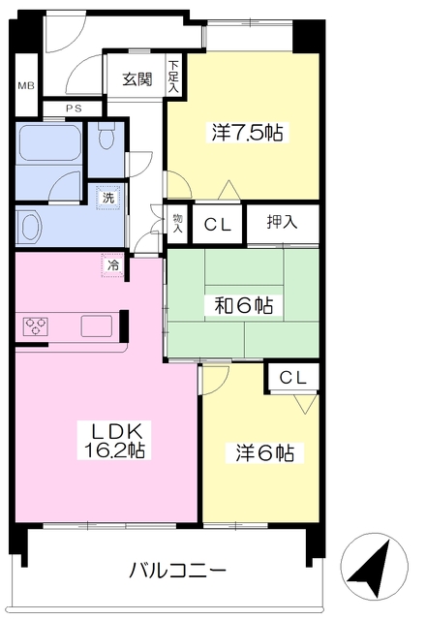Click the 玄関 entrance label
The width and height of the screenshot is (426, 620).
(137, 79)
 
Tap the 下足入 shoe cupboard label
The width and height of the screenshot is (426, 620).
(173, 77)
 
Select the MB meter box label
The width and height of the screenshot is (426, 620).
(26, 85)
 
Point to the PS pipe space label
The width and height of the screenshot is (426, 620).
(74, 108)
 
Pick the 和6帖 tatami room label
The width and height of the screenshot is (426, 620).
(244, 305)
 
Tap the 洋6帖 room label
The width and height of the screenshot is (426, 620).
(264, 452)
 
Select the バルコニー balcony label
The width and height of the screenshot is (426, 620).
(178, 571)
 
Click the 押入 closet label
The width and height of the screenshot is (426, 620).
(282, 222)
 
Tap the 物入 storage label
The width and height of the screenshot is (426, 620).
(177, 223)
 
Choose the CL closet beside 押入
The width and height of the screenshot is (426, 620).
(217, 225)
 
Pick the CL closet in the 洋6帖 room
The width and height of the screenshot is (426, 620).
(292, 378)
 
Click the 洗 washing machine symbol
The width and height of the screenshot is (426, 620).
(108, 198)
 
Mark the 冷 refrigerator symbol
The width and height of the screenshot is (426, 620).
(112, 265)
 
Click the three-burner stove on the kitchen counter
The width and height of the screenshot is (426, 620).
(36, 326)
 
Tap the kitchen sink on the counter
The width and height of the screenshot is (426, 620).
(97, 326)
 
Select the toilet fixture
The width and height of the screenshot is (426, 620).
(106, 136)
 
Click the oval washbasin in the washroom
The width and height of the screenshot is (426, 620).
(32, 228)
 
